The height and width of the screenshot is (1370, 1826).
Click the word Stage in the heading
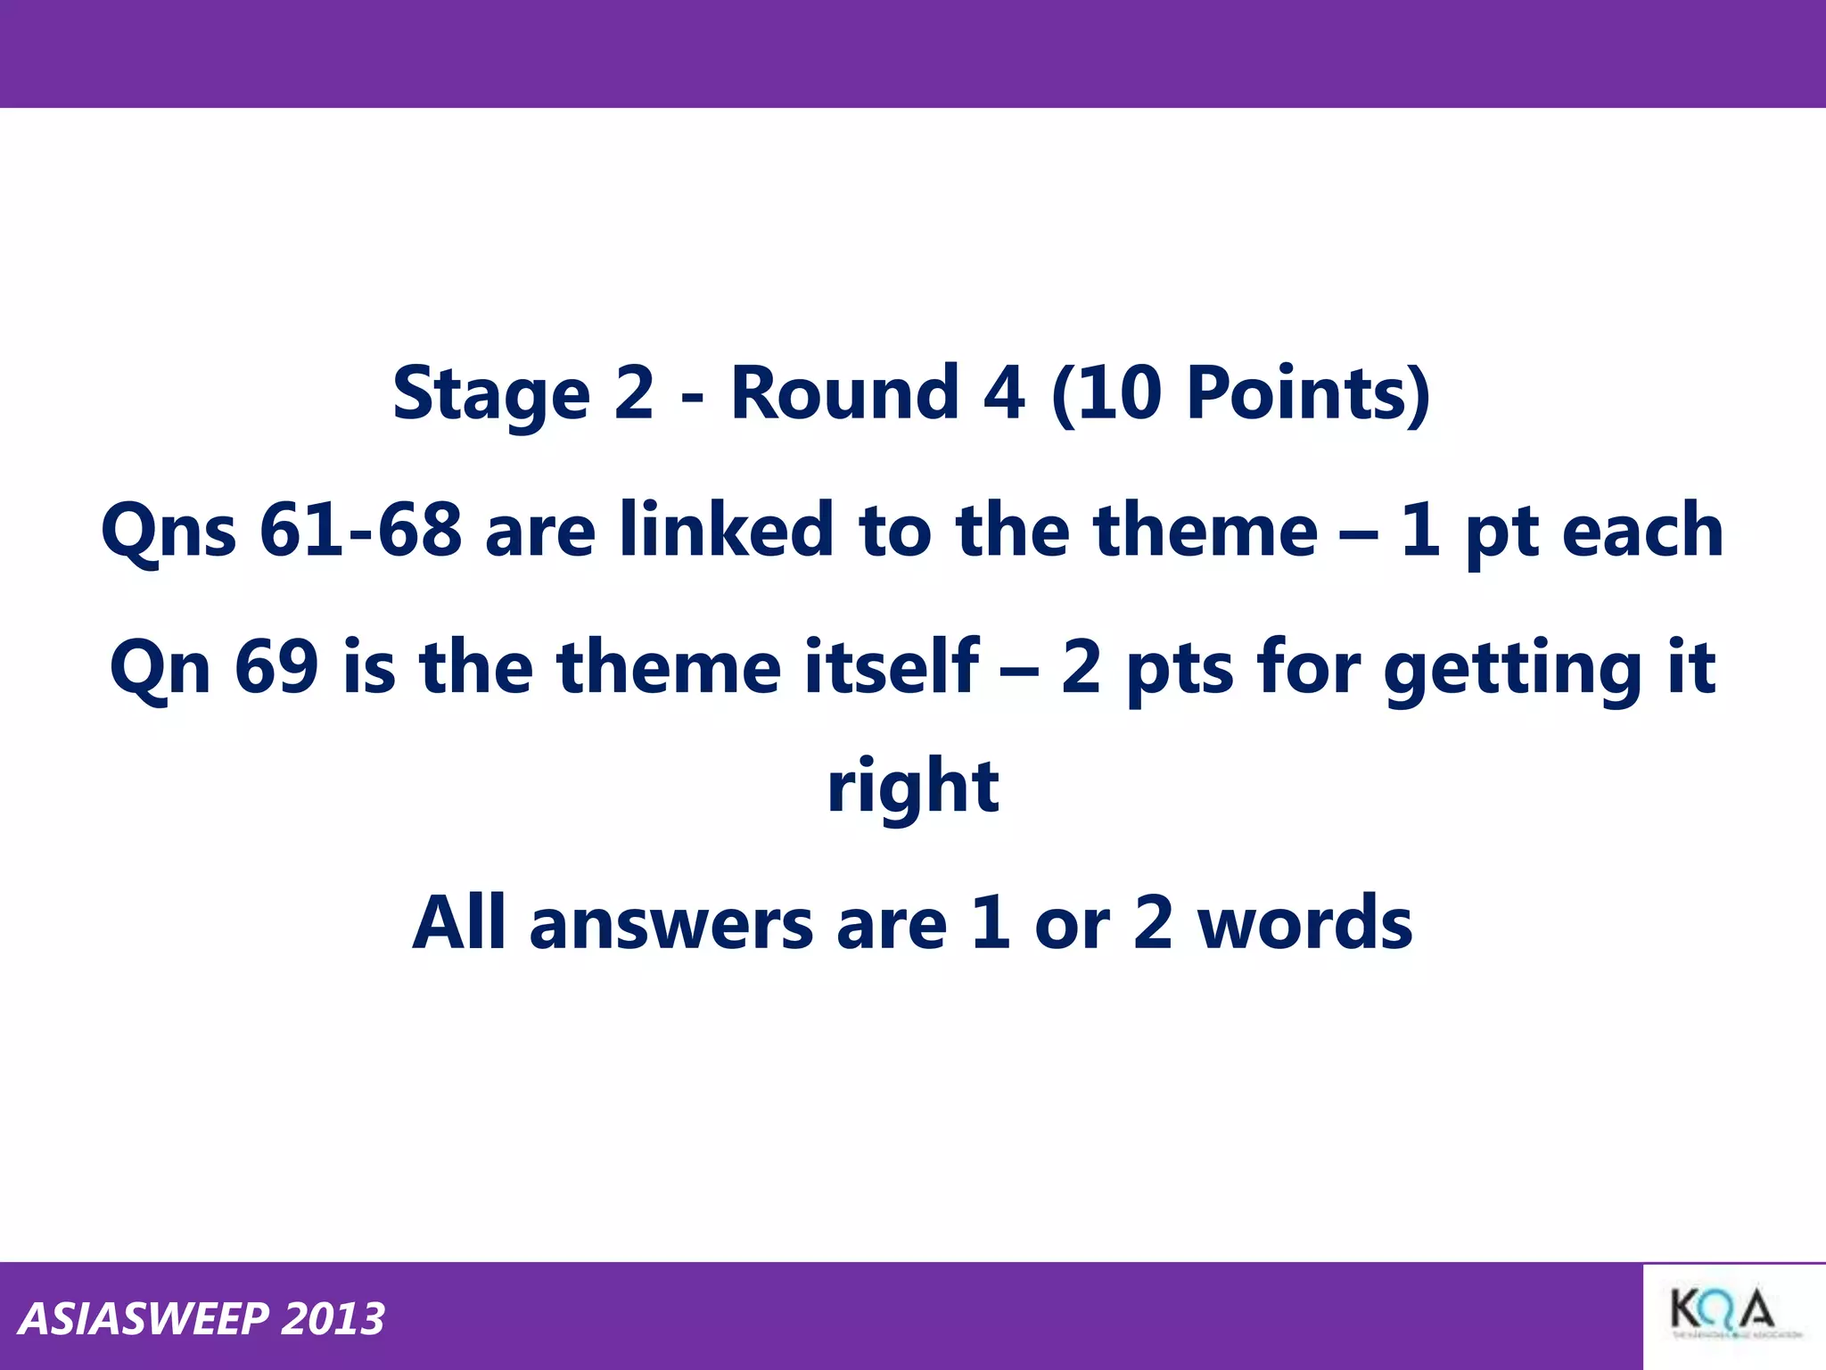[x=491, y=393]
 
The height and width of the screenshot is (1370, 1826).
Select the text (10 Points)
[x=1241, y=393]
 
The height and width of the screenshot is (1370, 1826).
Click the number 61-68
[x=360, y=531]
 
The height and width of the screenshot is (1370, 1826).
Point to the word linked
[x=726, y=531]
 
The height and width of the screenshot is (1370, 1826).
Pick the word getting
[x=1512, y=669]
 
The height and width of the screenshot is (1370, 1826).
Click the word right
[x=913, y=787]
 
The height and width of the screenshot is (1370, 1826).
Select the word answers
[x=671, y=924]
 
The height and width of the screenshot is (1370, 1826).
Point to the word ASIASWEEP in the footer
[x=144, y=1319]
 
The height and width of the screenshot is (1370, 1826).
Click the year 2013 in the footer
[x=333, y=1319]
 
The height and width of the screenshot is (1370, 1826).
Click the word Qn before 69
[x=160, y=668]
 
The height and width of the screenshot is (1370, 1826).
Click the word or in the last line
[x=1072, y=924]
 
